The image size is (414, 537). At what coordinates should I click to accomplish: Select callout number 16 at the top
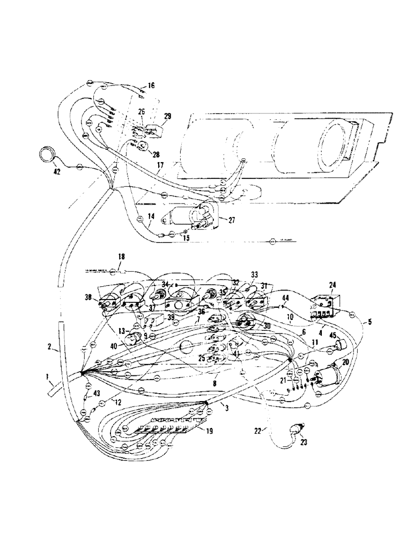pos(151,85)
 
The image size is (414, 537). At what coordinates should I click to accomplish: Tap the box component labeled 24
pos(323,307)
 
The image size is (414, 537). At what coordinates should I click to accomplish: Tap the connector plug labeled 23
pos(295,430)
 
